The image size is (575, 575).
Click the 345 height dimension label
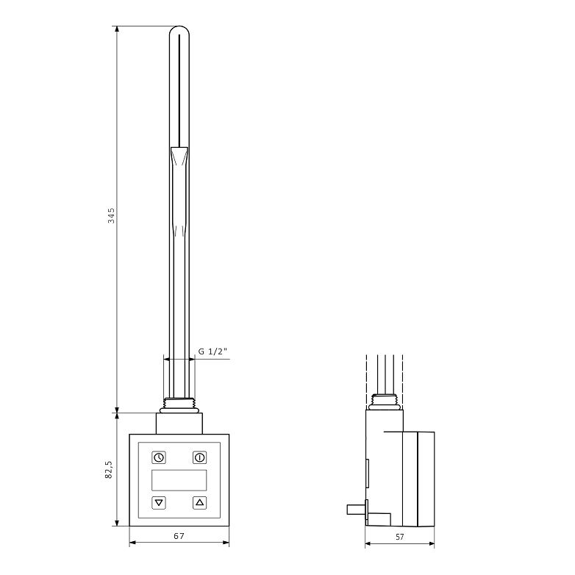point(111,215)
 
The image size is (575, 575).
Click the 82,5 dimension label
point(109,470)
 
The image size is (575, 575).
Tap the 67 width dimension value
point(179,536)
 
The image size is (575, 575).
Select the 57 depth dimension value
point(400,537)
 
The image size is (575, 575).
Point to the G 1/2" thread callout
point(213,351)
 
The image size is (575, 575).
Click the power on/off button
point(200,457)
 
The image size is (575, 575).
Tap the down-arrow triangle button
point(159,503)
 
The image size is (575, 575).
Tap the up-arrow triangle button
point(200,503)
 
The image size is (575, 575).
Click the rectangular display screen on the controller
point(179,480)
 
